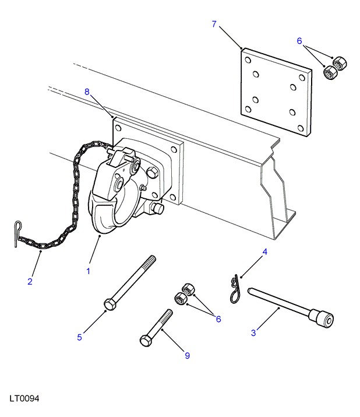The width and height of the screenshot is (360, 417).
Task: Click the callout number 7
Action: [214, 24]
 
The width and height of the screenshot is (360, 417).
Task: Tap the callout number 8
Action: [87, 92]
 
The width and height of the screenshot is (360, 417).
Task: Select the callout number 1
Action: [88, 271]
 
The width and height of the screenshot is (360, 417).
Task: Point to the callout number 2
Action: [30, 281]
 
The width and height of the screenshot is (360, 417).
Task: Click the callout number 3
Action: [253, 332]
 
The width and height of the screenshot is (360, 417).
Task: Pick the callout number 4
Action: [264, 251]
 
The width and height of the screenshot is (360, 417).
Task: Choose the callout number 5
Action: [79, 337]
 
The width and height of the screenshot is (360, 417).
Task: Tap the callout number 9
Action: [188, 356]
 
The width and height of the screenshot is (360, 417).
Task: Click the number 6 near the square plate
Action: [299, 41]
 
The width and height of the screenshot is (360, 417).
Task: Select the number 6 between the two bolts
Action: [218, 319]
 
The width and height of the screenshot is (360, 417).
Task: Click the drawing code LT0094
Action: [24, 398]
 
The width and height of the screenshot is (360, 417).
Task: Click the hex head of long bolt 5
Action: [110, 304]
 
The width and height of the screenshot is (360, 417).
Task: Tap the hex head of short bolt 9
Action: [146, 341]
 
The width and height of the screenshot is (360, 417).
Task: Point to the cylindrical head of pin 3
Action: [322, 318]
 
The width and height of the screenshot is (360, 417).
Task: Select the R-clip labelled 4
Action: [235, 290]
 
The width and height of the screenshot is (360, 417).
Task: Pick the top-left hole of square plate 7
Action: [248, 61]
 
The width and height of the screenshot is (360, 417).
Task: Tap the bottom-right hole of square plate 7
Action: [301, 129]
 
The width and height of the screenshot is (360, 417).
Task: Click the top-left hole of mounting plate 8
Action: [118, 129]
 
